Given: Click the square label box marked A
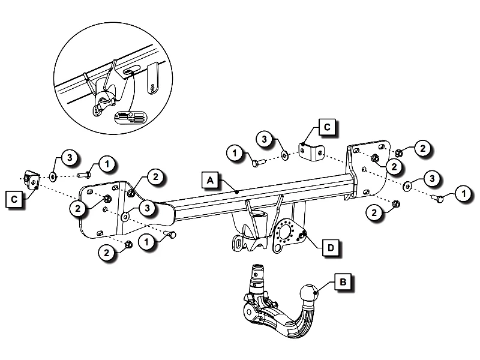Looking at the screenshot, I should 209,179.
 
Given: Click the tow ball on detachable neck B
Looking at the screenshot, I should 307,295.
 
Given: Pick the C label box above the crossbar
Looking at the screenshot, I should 327,127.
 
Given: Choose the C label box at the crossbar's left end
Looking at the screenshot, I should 14,198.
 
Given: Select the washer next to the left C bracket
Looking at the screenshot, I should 53,176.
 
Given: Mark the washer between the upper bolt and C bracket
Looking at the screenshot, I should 284,157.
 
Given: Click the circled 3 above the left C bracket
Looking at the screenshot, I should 69,158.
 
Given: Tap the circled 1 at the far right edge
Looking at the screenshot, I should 463,193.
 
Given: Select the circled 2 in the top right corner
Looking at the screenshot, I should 422,148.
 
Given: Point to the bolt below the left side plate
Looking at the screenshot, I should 171,234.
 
